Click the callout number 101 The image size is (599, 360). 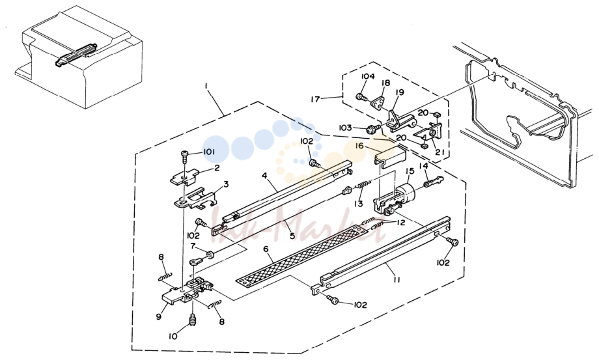point(208,152)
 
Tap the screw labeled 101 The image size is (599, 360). point(185,156)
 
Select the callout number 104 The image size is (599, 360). point(368,76)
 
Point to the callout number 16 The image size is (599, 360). point(359,145)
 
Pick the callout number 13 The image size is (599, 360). point(358,204)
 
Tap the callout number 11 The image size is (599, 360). point(397,280)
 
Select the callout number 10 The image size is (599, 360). point(173,337)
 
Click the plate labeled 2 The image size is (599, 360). point(185,178)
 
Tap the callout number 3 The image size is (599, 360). point(226,184)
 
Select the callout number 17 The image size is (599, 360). point(315,99)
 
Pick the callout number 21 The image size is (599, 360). point(439,152)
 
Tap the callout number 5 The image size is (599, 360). point(292,236)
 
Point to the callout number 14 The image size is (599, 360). point(424,166)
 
